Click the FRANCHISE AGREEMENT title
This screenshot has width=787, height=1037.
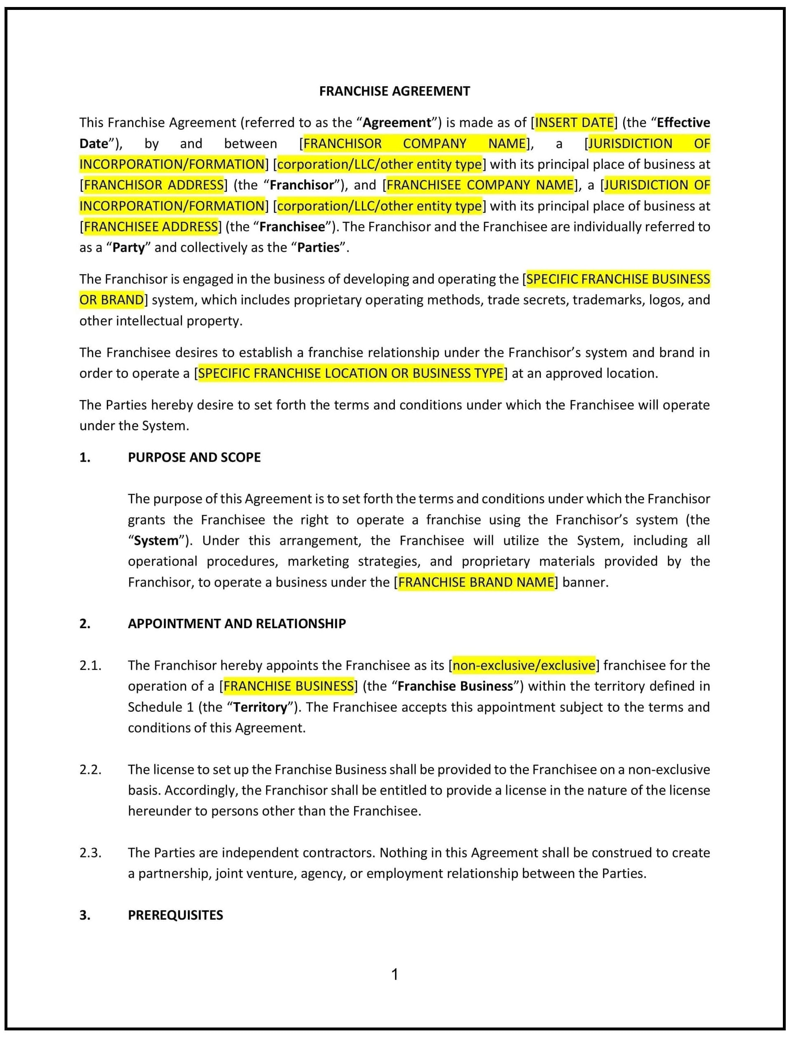pyautogui.click(x=394, y=91)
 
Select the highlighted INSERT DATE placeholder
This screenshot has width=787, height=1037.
pyautogui.click(x=574, y=123)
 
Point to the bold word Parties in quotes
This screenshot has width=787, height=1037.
pyautogui.click(x=318, y=247)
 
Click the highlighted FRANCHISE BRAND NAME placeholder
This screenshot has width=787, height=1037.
pyautogui.click(x=476, y=582)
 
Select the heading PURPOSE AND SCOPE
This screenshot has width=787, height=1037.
pyautogui.click(x=194, y=457)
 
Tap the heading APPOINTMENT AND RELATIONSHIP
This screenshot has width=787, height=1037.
pyautogui.click(x=237, y=624)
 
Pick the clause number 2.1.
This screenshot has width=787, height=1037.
pyautogui.click(x=90, y=666)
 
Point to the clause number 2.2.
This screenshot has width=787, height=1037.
pyautogui.click(x=90, y=770)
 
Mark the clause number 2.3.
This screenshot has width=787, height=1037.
pyautogui.click(x=90, y=853)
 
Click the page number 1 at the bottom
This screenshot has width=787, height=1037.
pyautogui.click(x=395, y=975)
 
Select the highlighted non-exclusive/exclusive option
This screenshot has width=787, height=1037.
pyautogui.click(x=523, y=666)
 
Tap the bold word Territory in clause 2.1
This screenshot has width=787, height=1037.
pyautogui.click(x=260, y=707)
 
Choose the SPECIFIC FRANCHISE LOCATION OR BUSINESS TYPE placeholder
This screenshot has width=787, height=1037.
pyautogui.click(x=350, y=374)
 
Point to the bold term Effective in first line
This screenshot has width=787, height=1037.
pyautogui.click(x=683, y=123)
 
